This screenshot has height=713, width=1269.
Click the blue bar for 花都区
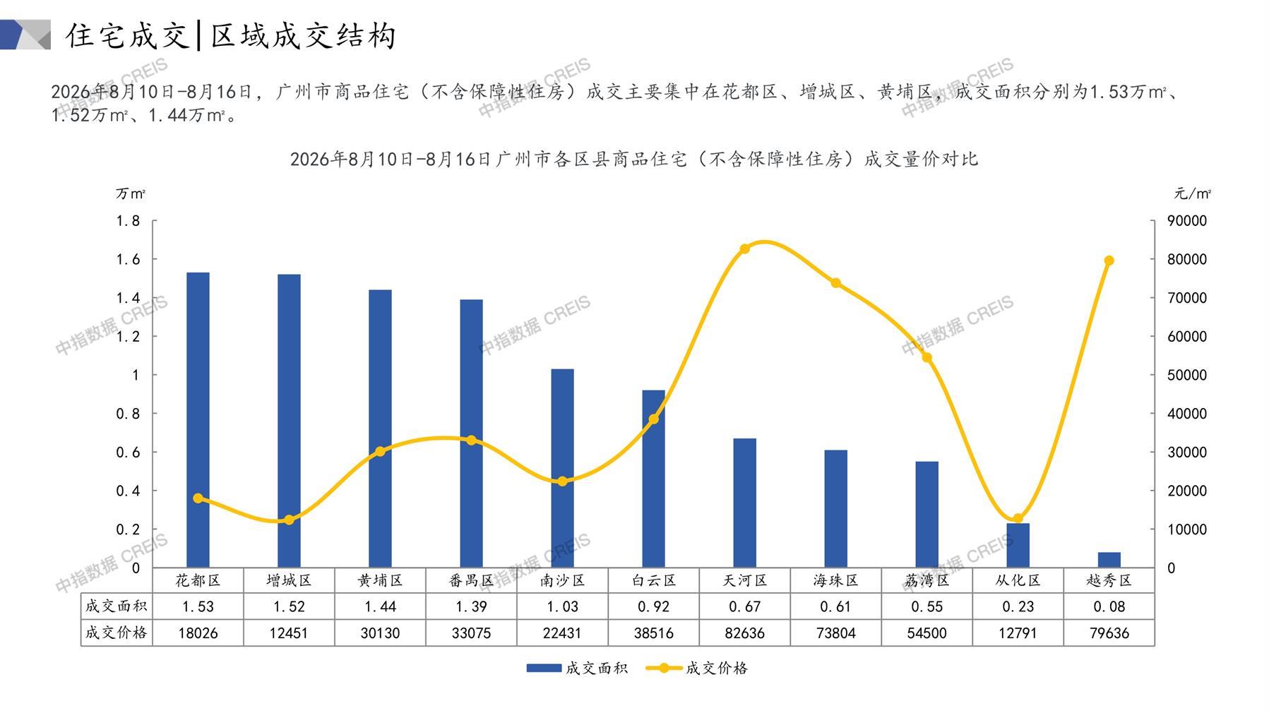(x=198, y=420)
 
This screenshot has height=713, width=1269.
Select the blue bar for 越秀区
(x=1109, y=560)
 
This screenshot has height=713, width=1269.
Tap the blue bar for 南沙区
(x=562, y=468)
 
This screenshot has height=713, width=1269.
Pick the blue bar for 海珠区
(x=835, y=509)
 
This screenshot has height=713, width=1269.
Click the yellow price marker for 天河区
(x=744, y=248)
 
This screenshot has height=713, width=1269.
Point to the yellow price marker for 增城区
(x=289, y=520)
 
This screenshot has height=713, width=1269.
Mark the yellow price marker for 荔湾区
(x=927, y=357)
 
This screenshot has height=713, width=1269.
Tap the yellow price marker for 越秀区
(x=1109, y=260)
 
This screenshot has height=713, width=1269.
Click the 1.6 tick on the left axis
(x=128, y=260)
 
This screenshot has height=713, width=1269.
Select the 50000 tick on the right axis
(x=1187, y=375)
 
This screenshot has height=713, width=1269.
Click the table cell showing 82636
(x=744, y=633)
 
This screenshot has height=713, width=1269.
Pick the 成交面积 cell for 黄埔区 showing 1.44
(x=380, y=606)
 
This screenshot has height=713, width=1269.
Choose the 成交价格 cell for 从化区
(x=1018, y=633)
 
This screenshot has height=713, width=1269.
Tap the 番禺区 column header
(x=471, y=580)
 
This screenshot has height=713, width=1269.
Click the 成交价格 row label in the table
(x=116, y=633)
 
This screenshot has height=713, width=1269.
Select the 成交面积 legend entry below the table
(x=576, y=668)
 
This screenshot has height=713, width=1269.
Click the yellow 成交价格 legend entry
(x=696, y=668)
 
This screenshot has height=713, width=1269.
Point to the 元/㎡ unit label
(x=1193, y=193)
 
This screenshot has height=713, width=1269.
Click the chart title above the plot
(x=634, y=159)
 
